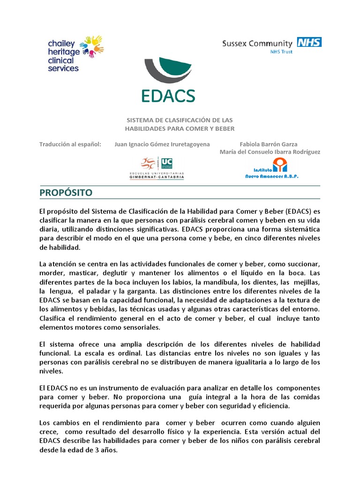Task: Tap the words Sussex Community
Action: pos(257,44)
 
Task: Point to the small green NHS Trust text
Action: pos(281,52)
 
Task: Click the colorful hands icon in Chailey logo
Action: pos(92,46)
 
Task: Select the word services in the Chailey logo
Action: pos(63,68)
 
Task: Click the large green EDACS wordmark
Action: pos(168,95)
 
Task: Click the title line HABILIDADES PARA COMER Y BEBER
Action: pos(180,128)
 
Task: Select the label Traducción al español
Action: pos(70,144)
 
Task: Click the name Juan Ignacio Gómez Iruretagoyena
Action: pos(162,144)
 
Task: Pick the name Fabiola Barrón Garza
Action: pos(268,144)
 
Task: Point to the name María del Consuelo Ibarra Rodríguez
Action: pos(270,152)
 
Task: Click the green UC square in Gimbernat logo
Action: pos(166,163)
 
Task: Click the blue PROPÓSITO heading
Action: pos(66,193)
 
